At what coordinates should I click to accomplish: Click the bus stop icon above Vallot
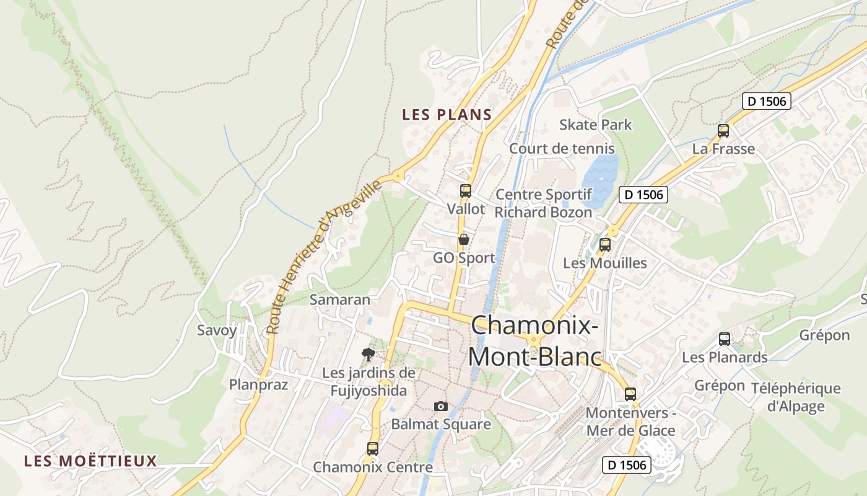pos(465,191)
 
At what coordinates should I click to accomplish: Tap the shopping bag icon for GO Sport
pos(463,239)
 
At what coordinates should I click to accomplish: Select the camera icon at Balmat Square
pos(441,406)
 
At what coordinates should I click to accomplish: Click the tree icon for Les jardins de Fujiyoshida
pos(368,355)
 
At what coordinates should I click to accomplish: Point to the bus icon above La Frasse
pos(723,131)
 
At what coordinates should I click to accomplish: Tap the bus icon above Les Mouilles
pos(605,245)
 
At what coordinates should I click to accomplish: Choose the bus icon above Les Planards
pos(725,339)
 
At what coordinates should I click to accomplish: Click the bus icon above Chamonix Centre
pos(373,449)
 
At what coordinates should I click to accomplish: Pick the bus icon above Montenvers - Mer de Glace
pos(630,394)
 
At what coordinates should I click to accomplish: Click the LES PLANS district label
pos(447,115)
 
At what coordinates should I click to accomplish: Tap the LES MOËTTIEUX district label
pos(90,461)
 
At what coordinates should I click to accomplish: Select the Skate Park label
pos(596,125)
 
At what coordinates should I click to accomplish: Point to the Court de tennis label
pos(562,149)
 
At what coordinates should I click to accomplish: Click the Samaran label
pos(340,299)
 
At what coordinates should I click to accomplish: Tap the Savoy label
pos(217,330)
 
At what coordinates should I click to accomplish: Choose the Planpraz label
pos(259,384)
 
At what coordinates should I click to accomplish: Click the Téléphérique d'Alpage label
pos(796,397)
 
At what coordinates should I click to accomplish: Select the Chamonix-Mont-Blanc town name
pos(535,341)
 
